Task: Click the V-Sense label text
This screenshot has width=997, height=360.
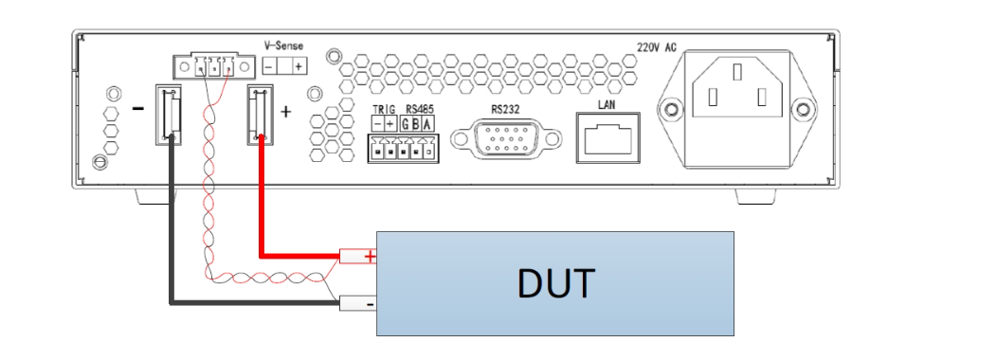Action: tap(283, 45)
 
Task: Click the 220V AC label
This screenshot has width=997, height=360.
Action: tap(656, 46)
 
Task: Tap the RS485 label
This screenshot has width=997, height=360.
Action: tap(418, 108)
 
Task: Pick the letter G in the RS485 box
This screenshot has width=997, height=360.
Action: tap(406, 124)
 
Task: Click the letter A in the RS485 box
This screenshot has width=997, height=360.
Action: tap(428, 124)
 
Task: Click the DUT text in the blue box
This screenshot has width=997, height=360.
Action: tap(555, 282)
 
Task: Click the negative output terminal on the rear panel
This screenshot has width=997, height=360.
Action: tap(171, 116)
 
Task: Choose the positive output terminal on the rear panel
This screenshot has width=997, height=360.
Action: tap(261, 116)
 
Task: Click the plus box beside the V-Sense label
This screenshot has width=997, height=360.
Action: tap(299, 66)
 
